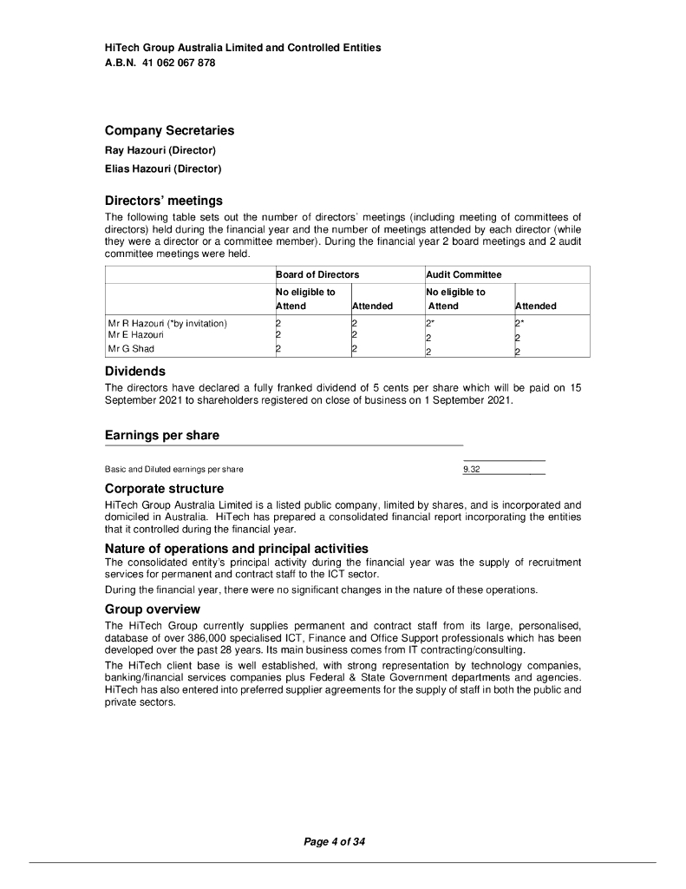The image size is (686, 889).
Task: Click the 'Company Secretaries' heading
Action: point(169,130)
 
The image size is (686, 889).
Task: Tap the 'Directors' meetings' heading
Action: point(164,201)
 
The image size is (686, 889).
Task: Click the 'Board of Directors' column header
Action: point(317,274)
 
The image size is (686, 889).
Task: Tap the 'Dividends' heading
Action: point(135,371)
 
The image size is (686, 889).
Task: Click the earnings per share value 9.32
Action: point(472,469)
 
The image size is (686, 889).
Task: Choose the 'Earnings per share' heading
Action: point(162,435)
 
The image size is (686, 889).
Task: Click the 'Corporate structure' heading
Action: point(164,489)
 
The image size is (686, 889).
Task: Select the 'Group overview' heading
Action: point(153,609)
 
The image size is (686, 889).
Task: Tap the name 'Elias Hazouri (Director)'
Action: point(163,168)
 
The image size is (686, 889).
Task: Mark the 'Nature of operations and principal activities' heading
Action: point(237,549)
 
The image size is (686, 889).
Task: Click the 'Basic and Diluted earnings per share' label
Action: point(174,469)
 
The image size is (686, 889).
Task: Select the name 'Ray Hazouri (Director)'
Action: point(160,151)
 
